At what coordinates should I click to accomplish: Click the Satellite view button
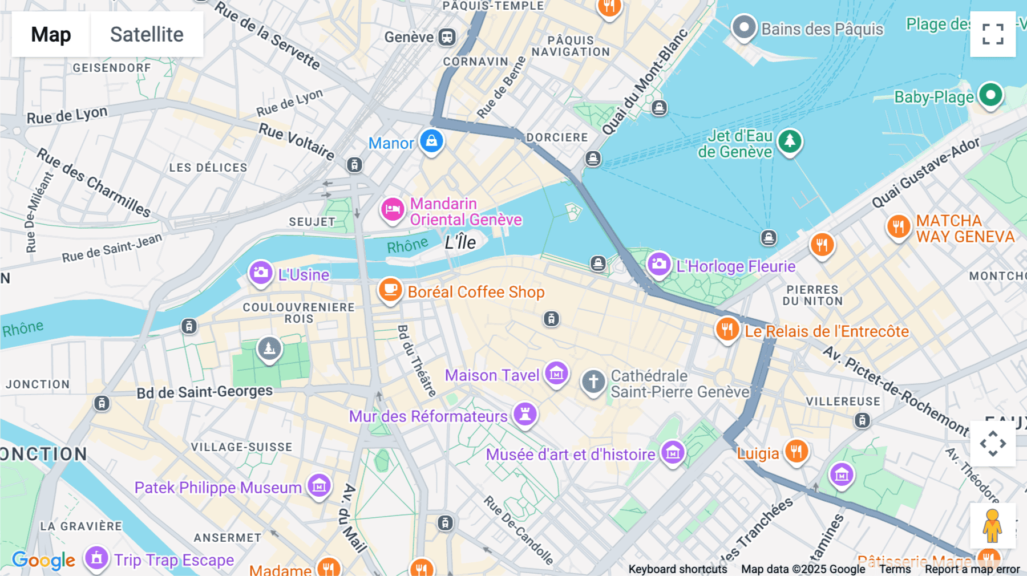pyautogui.click(x=147, y=34)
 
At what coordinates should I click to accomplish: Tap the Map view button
pyautogui.click(x=51, y=34)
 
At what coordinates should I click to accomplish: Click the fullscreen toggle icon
pyautogui.click(x=993, y=34)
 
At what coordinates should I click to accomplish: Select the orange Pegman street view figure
pyautogui.click(x=992, y=526)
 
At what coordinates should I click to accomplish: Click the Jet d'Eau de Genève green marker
pyautogui.click(x=790, y=141)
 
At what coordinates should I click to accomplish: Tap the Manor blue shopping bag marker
pyautogui.click(x=431, y=141)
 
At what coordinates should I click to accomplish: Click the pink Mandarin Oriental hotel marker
pyautogui.click(x=393, y=209)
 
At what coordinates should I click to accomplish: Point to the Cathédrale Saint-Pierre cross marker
pyautogui.click(x=593, y=382)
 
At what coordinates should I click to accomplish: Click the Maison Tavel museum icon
pyautogui.click(x=556, y=374)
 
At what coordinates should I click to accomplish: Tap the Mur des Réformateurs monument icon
pyautogui.click(x=525, y=413)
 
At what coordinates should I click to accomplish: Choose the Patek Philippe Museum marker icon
pyautogui.click(x=319, y=486)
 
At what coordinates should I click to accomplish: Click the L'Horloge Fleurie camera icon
pyautogui.click(x=659, y=264)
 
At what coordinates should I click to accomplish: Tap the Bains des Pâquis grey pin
pyautogui.click(x=744, y=27)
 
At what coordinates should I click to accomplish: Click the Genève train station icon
pyautogui.click(x=447, y=38)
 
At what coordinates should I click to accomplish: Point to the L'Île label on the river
pyautogui.click(x=460, y=242)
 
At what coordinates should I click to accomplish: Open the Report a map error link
pyautogui.click(x=972, y=569)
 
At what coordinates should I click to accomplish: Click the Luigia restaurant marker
pyautogui.click(x=796, y=452)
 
